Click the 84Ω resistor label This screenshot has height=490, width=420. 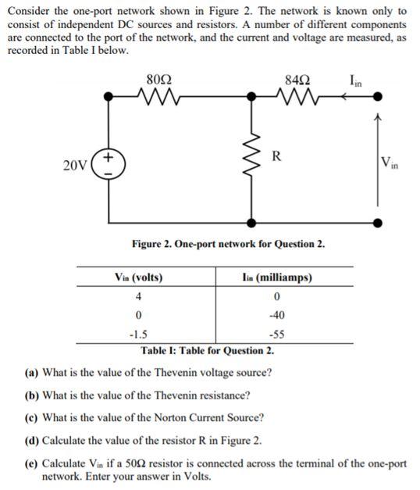click(x=298, y=78)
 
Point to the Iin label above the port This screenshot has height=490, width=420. click(x=358, y=78)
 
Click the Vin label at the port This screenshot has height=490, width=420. click(x=390, y=164)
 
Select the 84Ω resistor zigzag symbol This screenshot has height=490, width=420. click(x=298, y=97)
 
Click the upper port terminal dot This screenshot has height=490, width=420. click(x=379, y=97)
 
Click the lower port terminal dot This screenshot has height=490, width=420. click(x=379, y=222)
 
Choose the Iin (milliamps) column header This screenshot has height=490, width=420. click(x=278, y=277)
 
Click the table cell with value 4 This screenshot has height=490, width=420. click(x=138, y=296)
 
